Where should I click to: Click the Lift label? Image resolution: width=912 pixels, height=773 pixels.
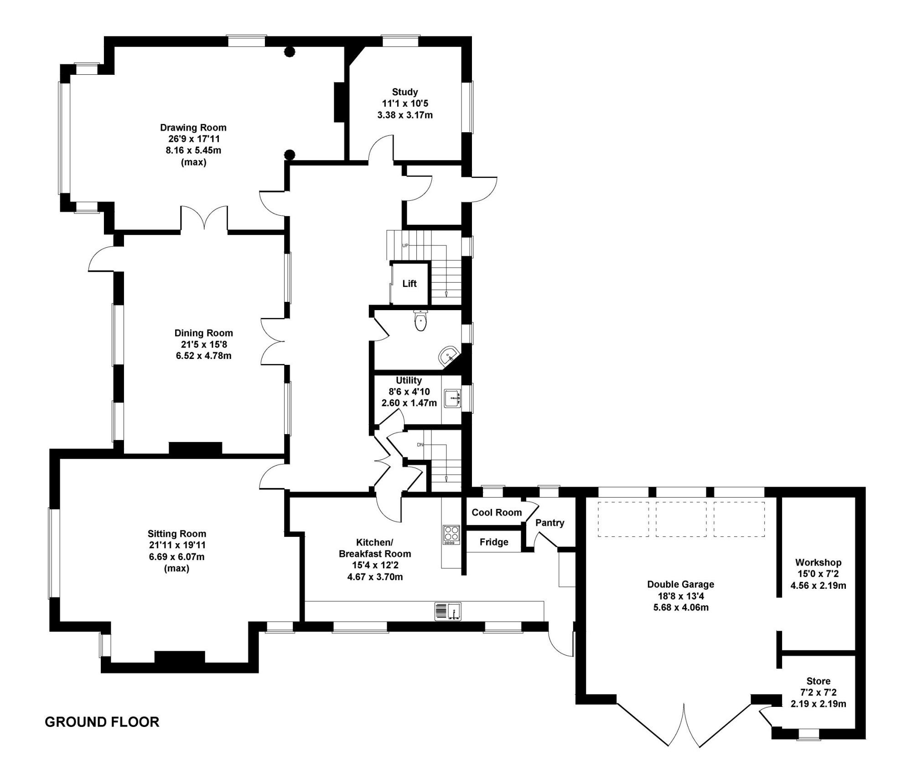tap(409, 284)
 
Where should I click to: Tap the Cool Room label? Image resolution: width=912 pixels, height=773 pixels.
tap(496, 513)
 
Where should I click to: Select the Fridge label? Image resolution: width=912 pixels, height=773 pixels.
tap(493, 542)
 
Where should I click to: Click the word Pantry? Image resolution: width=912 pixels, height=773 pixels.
tap(549, 523)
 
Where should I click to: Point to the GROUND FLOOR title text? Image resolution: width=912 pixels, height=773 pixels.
tap(102, 722)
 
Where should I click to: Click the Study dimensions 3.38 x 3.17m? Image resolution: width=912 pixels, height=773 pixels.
tap(405, 115)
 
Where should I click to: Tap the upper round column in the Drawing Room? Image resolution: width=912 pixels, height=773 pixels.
tap(289, 52)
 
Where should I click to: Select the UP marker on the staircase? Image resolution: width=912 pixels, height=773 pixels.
tap(405, 246)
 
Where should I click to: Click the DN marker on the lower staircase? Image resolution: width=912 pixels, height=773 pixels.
tap(420, 445)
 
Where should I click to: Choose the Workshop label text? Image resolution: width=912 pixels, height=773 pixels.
tap(818, 562)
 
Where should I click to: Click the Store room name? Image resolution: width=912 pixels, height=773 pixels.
tap(818, 681)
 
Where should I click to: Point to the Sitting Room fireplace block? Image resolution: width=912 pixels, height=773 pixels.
tap(180, 657)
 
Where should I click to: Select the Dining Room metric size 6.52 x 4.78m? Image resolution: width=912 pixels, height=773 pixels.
tap(203, 356)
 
